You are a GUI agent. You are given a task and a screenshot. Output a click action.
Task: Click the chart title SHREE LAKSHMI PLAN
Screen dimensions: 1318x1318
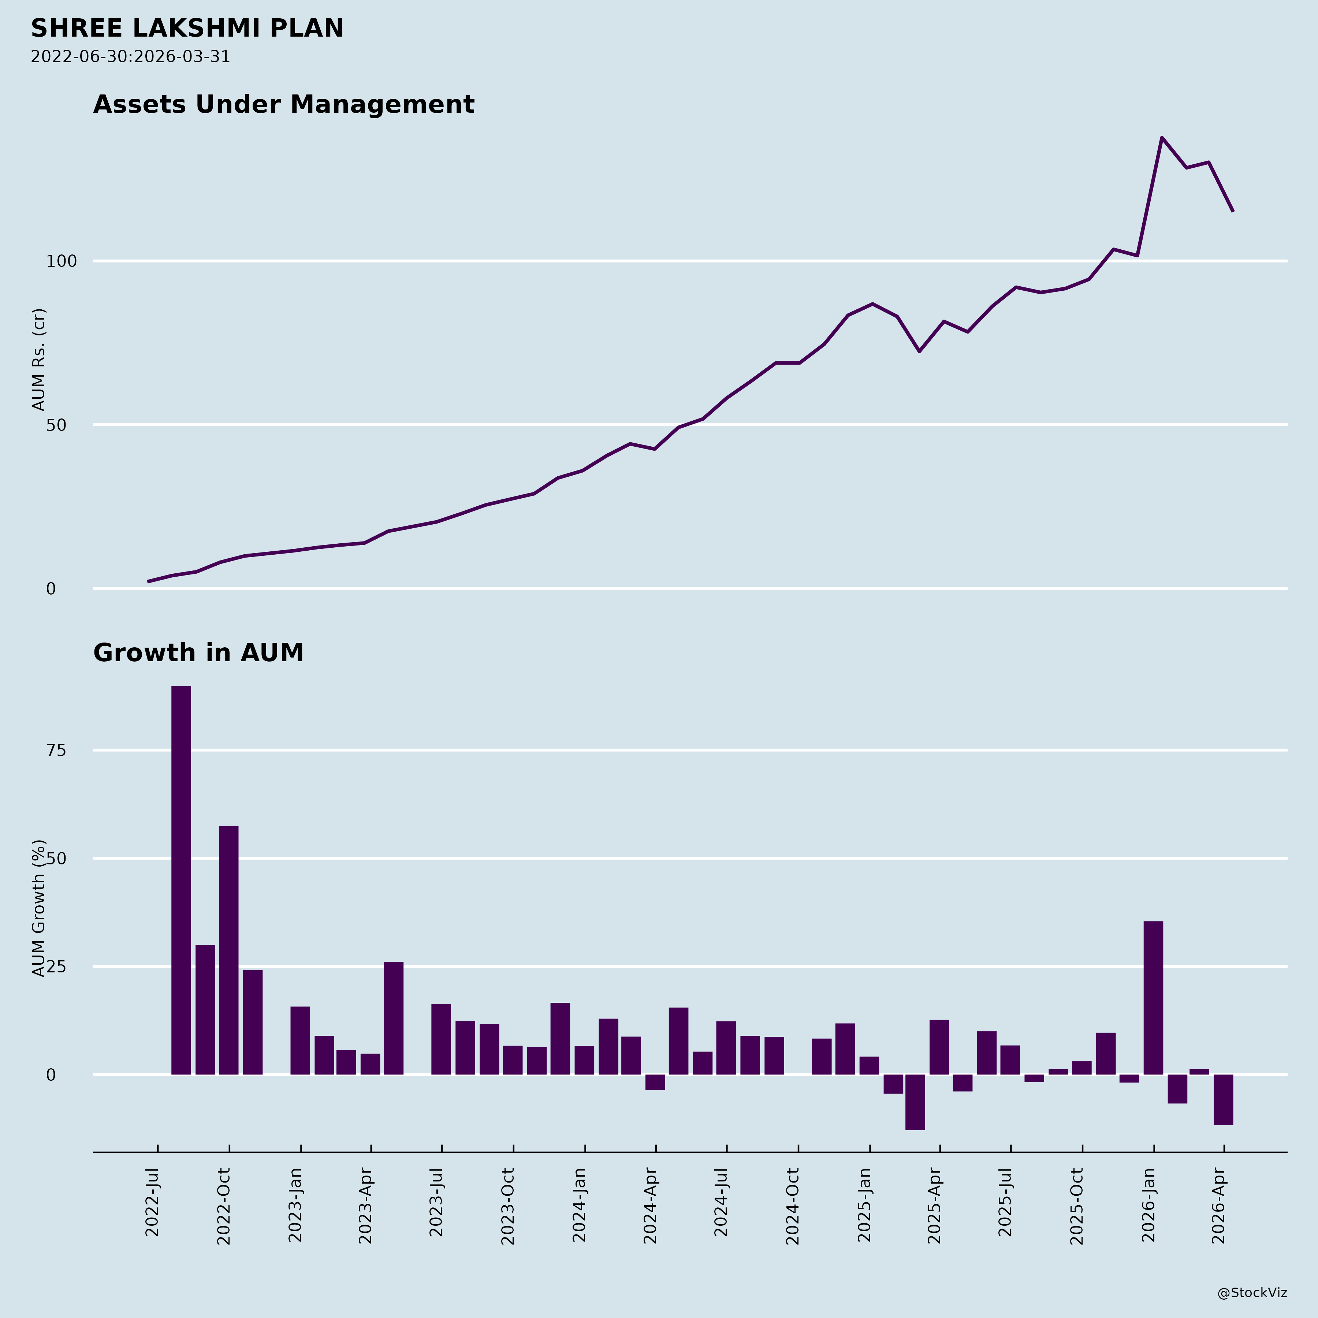click(187, 29)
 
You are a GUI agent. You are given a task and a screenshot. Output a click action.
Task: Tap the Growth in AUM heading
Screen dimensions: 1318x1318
click(198, 653)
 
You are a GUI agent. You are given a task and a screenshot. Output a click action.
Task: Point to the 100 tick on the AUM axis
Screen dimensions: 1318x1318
click(62, 261)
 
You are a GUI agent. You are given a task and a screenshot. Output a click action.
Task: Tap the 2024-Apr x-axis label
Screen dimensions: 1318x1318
click(650, 1206)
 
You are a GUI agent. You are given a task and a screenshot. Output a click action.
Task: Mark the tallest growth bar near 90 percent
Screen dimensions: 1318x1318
click(181, 880)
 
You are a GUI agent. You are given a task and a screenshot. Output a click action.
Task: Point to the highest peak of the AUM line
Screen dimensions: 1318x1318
click(1162, 138)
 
